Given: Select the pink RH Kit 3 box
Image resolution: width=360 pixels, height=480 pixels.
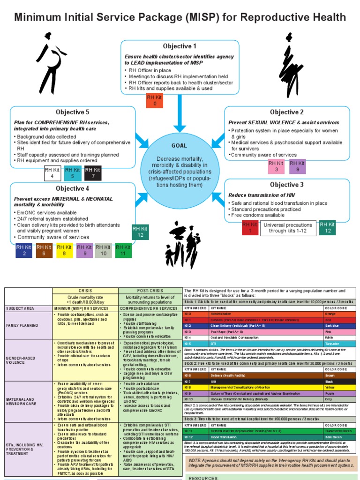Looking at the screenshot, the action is (276, 166).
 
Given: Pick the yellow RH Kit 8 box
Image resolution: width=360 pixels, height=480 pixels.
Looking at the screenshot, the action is (65, 250).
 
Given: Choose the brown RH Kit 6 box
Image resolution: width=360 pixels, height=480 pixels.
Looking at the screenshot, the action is (44, 250).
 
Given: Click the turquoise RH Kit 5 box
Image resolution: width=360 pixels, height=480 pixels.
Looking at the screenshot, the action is (73, 173).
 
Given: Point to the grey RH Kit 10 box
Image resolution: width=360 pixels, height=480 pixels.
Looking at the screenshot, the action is (104, 250).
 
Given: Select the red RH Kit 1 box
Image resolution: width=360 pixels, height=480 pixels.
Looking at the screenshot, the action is (250, 228).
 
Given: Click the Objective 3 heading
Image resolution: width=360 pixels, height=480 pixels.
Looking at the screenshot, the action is (286, 185).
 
